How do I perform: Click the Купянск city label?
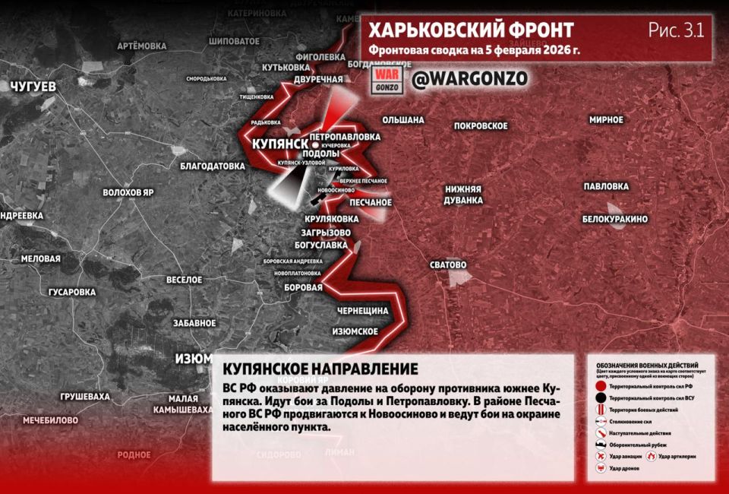tap(278, 144)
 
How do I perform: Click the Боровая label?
tap(302, 287)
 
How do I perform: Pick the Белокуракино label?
tap(615, 219)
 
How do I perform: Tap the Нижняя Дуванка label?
tap(464, 195)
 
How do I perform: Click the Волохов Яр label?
tap(128, 192)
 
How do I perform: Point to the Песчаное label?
tap(371, 203)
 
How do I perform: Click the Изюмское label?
tap(355, 331)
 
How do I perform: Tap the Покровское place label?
tap(480, 125)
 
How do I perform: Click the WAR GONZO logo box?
tap(386, 81)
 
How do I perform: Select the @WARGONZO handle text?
tap(469, 79)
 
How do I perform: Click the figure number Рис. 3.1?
tap(676, 30)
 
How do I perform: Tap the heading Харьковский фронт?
tap(471, 30)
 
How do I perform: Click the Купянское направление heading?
tap(320, 369)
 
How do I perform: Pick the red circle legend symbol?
tap(601, 386)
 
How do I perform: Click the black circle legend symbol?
tap(601, 398)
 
